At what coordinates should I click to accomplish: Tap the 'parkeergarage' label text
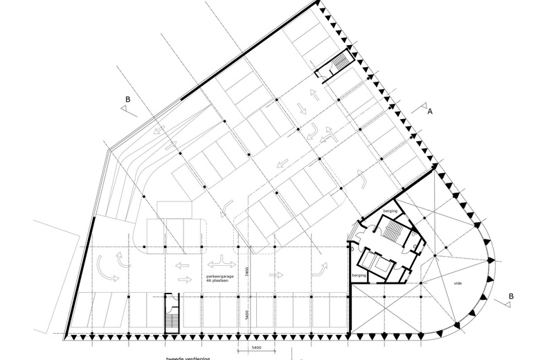pyautogui.click(x=220, y=276)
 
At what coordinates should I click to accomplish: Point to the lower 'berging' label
pyautogui.click(x=359, y=276)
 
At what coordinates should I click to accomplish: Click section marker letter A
pyautogui.click(x=429, y=111)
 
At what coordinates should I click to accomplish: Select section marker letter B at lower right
pyautogui.click(x=511, y=296)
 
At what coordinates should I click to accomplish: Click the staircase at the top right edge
pyautogui.click(x=340, y=65)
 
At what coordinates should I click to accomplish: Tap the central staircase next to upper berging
pyautogui.click(x=392, y=233)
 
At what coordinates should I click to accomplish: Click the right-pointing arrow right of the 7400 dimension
pyautogui.click(x=276, y=275)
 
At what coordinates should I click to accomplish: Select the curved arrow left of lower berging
pyautogui.click(x=323, y=267)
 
